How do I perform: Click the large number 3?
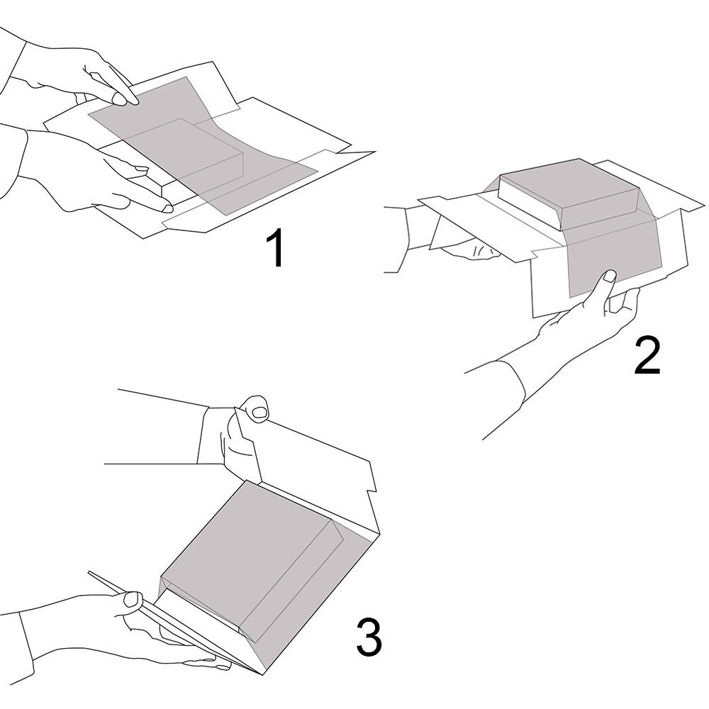pos(369,637)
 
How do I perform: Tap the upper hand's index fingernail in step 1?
pos(120,99)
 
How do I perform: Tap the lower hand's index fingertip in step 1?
pos(168,208)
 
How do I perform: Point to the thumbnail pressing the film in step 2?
pos(610,276)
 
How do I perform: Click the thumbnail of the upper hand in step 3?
pos(259,411)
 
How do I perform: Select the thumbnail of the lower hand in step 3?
pos(133,599)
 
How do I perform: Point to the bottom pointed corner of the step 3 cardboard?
pos(263,675)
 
